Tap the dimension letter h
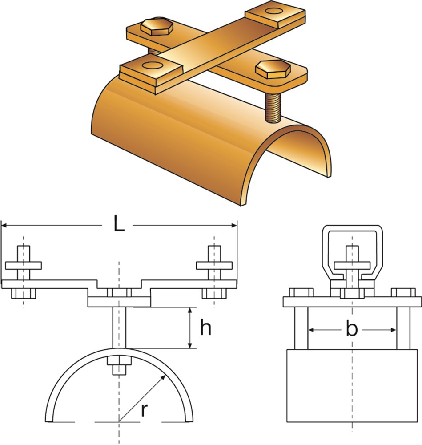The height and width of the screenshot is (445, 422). [205, 327]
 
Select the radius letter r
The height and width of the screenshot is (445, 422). [145, 410]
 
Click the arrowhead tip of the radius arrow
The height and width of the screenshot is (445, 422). [165, 375]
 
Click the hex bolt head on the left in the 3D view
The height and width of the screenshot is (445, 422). [157, 27]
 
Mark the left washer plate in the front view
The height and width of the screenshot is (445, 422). [24, 265]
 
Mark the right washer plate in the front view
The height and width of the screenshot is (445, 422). [214, 265]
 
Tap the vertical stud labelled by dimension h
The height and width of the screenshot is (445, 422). [119, 328]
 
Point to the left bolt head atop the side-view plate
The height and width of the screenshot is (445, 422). [301, 293]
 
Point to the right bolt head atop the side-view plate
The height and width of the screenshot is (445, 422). [403, 293]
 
